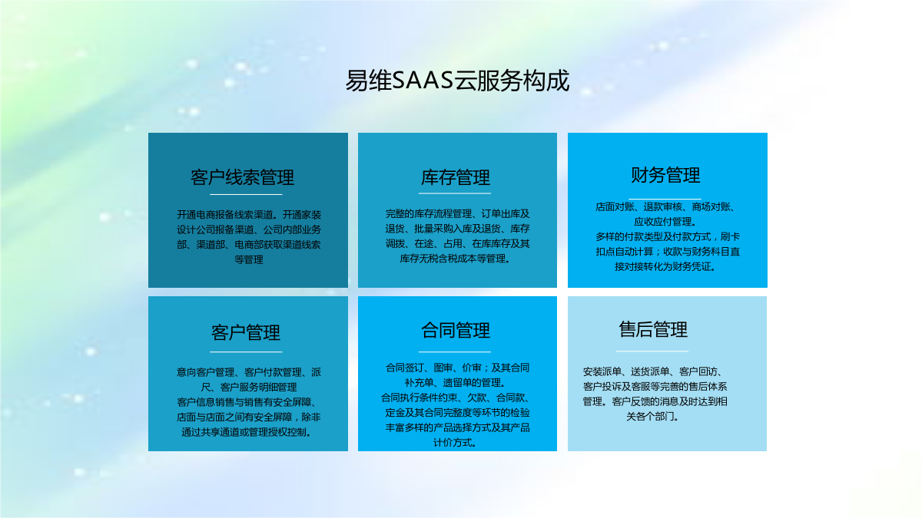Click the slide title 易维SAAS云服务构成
[x=457, y=81]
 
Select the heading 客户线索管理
[x=243, y=177]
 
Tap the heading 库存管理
[x=455, y=177]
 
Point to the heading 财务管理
[x=665, y=175]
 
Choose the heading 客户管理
[x=246, y=332]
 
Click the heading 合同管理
[x=455, y=331]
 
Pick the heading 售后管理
[x=653, y=329]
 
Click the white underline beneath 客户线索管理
[x=246, y=194]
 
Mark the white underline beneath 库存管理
[x=455, y=193]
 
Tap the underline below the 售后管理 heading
[x=652, y=351]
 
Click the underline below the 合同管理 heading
[x=455, y=352]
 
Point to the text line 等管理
[x=249, y=260]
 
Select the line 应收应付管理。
[x=665, y=222]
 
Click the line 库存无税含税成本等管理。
[x=455, y=259]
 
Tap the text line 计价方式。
[x=455, y=443]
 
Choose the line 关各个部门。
[x=653, y=417]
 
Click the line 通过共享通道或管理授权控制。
[x=247, y=432]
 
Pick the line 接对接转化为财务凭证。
[x=665, y=267]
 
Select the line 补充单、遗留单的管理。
[x=455, y=383]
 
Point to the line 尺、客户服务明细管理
[x=249, y=388]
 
